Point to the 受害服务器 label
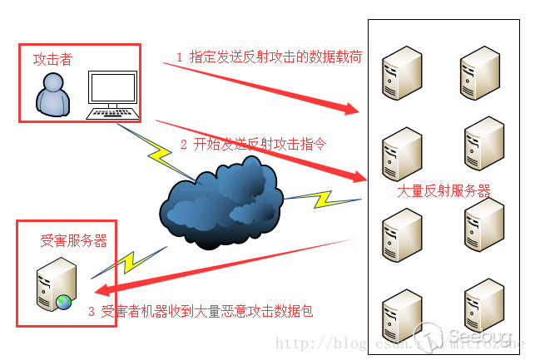pos(74,241)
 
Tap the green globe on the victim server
pos(63,301)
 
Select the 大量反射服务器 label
pos(443,190)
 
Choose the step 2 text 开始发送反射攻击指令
pos(253,144)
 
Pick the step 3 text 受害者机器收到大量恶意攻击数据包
pos(201,312)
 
